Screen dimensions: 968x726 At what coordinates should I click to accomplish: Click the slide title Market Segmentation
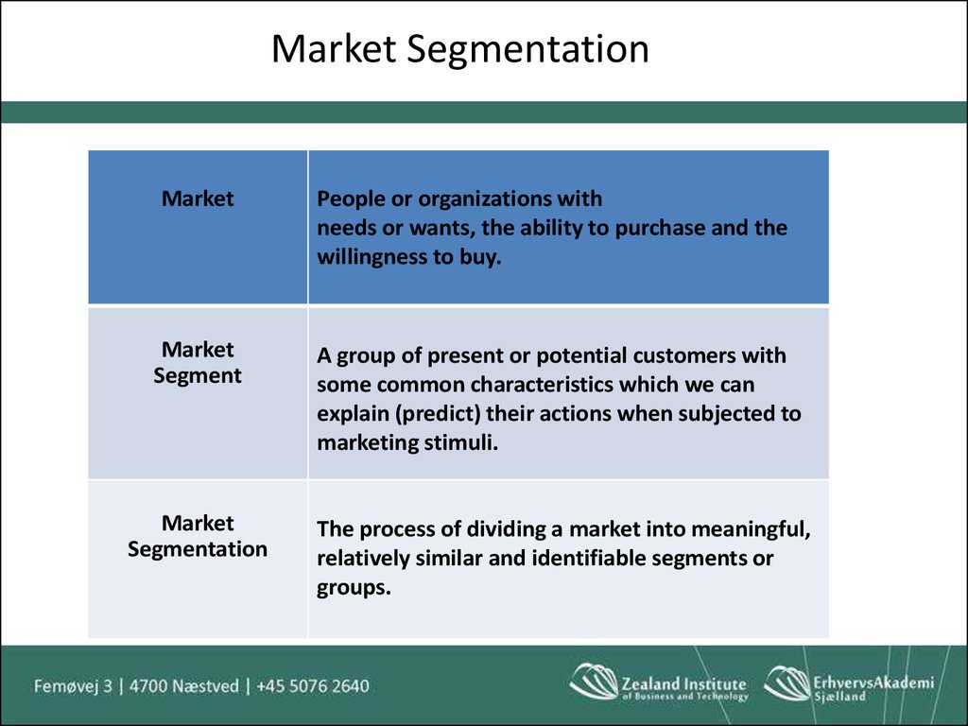[460, 49]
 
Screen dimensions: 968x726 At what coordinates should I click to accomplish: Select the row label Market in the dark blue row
[198, 199]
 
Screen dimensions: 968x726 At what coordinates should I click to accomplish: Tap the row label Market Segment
[198, 362]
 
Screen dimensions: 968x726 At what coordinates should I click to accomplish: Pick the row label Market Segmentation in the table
[198, 536]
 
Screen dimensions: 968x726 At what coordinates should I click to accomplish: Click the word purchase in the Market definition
[660, 229]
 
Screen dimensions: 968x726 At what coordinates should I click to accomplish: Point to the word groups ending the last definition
[354, 588]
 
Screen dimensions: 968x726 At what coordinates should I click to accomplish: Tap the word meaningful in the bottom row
[751, 529]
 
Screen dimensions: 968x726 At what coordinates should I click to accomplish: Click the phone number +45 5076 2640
[313, 686]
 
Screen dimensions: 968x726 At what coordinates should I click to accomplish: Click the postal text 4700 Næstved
[184, 686]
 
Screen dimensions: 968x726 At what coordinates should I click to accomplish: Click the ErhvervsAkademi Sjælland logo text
[873, 687]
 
